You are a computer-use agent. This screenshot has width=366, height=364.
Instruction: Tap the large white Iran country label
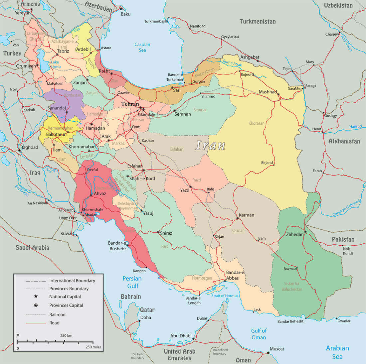click(210, 145)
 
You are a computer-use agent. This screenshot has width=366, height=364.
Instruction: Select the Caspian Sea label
click(142, 47)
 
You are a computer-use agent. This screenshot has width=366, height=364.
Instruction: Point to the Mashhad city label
click(268, 92)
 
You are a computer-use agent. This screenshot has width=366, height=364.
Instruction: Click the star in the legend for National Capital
click(36, 297)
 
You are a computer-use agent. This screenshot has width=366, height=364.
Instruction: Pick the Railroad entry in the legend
click(57, 314)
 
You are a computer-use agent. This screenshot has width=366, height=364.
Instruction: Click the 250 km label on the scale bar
click(66, 335)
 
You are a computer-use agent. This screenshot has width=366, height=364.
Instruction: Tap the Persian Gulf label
click(132, 282)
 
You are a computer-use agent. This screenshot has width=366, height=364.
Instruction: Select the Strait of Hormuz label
click(225, 296)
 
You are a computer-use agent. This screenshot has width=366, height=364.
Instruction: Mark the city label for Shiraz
click(166, 233)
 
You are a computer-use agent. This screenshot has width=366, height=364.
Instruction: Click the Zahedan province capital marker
click(305, 232)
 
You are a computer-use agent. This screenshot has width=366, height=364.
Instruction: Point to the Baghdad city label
click(29, 147)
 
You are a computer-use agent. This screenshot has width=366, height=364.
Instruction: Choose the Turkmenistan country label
click(258, 21)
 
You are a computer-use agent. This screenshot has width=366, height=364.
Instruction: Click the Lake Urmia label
click(56, 64)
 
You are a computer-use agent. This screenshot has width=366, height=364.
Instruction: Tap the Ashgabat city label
click(250, 57)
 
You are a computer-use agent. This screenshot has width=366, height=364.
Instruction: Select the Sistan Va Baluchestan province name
click(288, 287)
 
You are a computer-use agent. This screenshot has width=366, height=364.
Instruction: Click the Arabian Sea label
click(337, 352)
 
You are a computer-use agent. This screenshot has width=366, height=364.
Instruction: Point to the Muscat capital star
click(268, 353)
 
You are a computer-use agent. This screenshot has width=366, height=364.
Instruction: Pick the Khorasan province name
click(257, 123)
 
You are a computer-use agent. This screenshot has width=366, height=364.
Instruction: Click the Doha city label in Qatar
click(145, 317)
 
